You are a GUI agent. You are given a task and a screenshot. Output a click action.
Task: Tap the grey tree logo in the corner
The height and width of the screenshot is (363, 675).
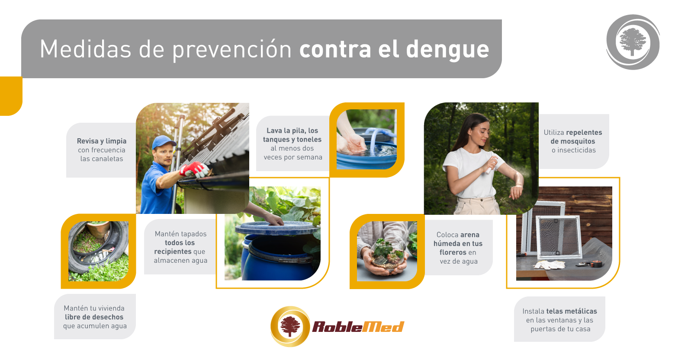(633, 42)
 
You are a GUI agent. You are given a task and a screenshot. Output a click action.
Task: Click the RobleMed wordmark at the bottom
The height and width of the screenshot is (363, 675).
(358, 327)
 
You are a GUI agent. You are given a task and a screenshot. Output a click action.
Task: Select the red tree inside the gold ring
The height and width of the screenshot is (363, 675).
(290, 326)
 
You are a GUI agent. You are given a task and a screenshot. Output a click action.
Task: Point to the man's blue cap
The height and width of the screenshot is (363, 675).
(163, 142)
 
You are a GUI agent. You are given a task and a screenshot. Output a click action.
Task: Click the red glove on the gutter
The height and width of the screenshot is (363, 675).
(194, 169)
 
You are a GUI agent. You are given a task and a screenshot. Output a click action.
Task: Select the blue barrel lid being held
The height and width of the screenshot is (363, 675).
(276, 228)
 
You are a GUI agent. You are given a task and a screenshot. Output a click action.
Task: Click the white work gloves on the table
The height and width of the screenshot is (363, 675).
(549, 264)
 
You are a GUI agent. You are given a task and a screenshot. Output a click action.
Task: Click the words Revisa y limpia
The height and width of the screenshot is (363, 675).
(102, 141)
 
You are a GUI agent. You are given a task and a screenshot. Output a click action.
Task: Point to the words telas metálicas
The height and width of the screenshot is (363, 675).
(571, 311)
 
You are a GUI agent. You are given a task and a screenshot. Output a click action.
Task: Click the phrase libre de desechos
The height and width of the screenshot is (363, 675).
(94, 317)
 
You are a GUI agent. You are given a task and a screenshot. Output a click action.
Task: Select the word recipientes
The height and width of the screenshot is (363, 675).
(173, 252)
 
